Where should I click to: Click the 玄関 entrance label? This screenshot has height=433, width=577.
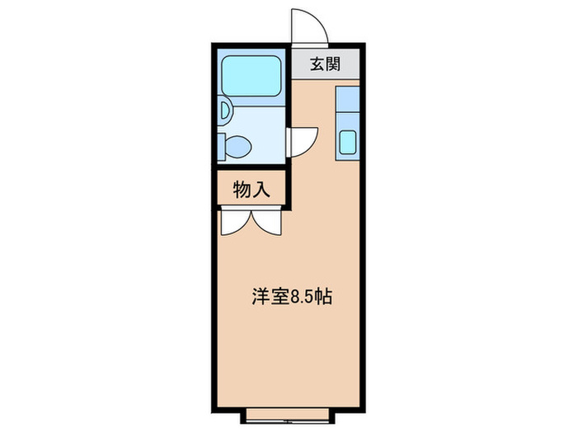tap(326, 65)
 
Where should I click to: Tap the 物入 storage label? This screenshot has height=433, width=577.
tap(251, 189)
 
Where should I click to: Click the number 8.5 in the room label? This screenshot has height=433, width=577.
tap(299, 298)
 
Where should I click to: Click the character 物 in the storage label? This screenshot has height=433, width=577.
tap(242, 189)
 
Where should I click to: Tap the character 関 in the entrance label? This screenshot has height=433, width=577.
tap(334, 65)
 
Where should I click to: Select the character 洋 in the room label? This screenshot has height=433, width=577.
tap(260, 298)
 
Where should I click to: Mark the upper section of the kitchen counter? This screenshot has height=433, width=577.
tap(347, 103)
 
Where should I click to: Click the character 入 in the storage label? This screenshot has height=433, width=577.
tap(261, 189)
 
